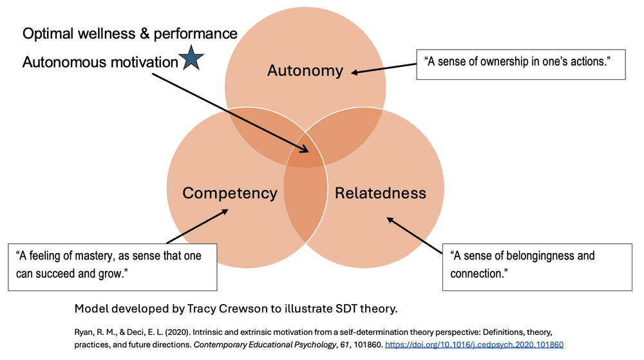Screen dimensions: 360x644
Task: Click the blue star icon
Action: pyautogui.click(x=191, y=59)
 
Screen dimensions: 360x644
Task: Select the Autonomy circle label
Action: pyautogui.click(x=305, y=70)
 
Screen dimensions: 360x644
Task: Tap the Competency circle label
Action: pyautogui.click(x=230, y=193)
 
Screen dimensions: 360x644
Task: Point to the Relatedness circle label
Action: pyautogui.click(x=381, y=193)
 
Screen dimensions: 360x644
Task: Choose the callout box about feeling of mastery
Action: pyautogui.click(x=113, y=265)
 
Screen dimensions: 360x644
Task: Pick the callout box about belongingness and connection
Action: pyautogui.click(x=537, y=265)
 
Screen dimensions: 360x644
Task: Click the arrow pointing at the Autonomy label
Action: pyautogui.click(x=383, y=69)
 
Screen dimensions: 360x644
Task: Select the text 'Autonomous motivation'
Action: pyautogui.click(x=100, y=62)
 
